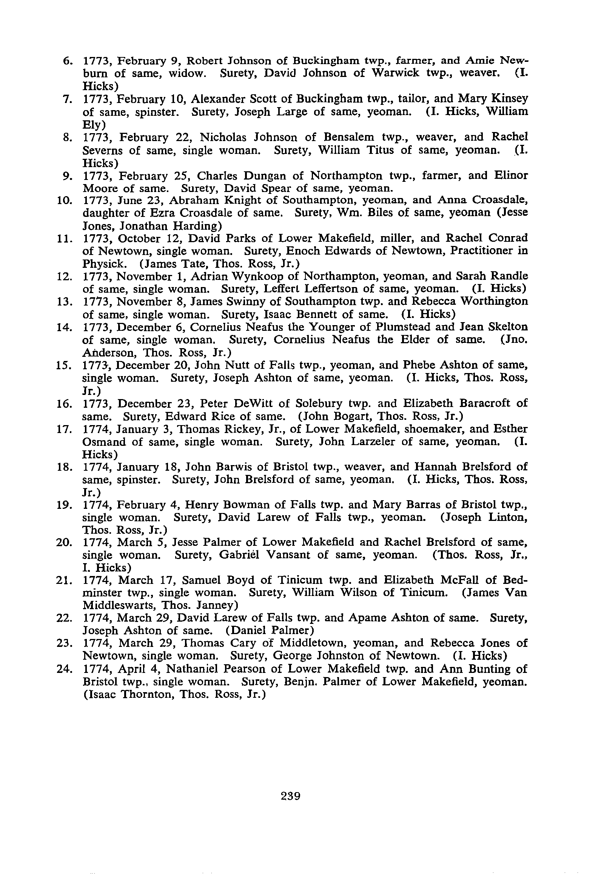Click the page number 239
click(x=291, y=796)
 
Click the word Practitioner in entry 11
click(x=475, y=251)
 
